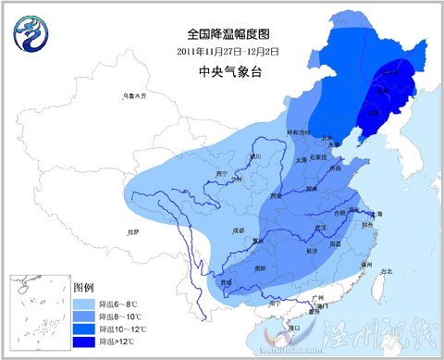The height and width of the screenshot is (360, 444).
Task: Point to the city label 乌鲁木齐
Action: [x=135, y=96]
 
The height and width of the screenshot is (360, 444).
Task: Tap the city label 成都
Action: [x=239, y=229]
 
